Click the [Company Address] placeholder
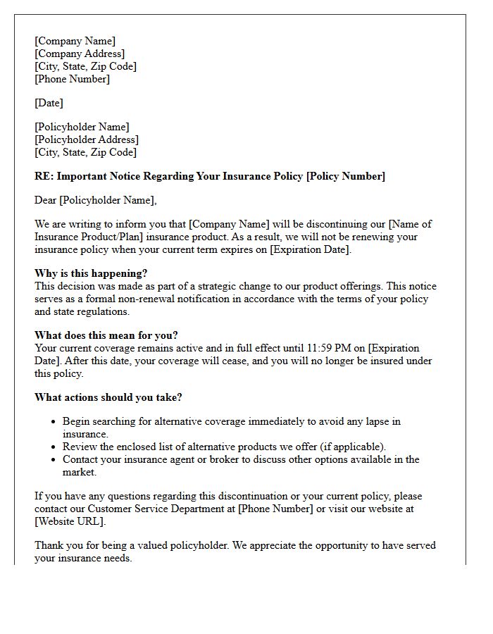80,54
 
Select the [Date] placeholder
49,103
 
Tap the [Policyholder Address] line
87,139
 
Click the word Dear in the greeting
46,200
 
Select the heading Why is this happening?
91,273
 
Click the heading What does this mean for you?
105,335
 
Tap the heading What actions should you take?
108,397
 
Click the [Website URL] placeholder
70,521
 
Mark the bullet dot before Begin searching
54,422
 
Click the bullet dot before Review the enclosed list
54,447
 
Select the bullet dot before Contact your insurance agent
54,460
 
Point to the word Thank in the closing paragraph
49,545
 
